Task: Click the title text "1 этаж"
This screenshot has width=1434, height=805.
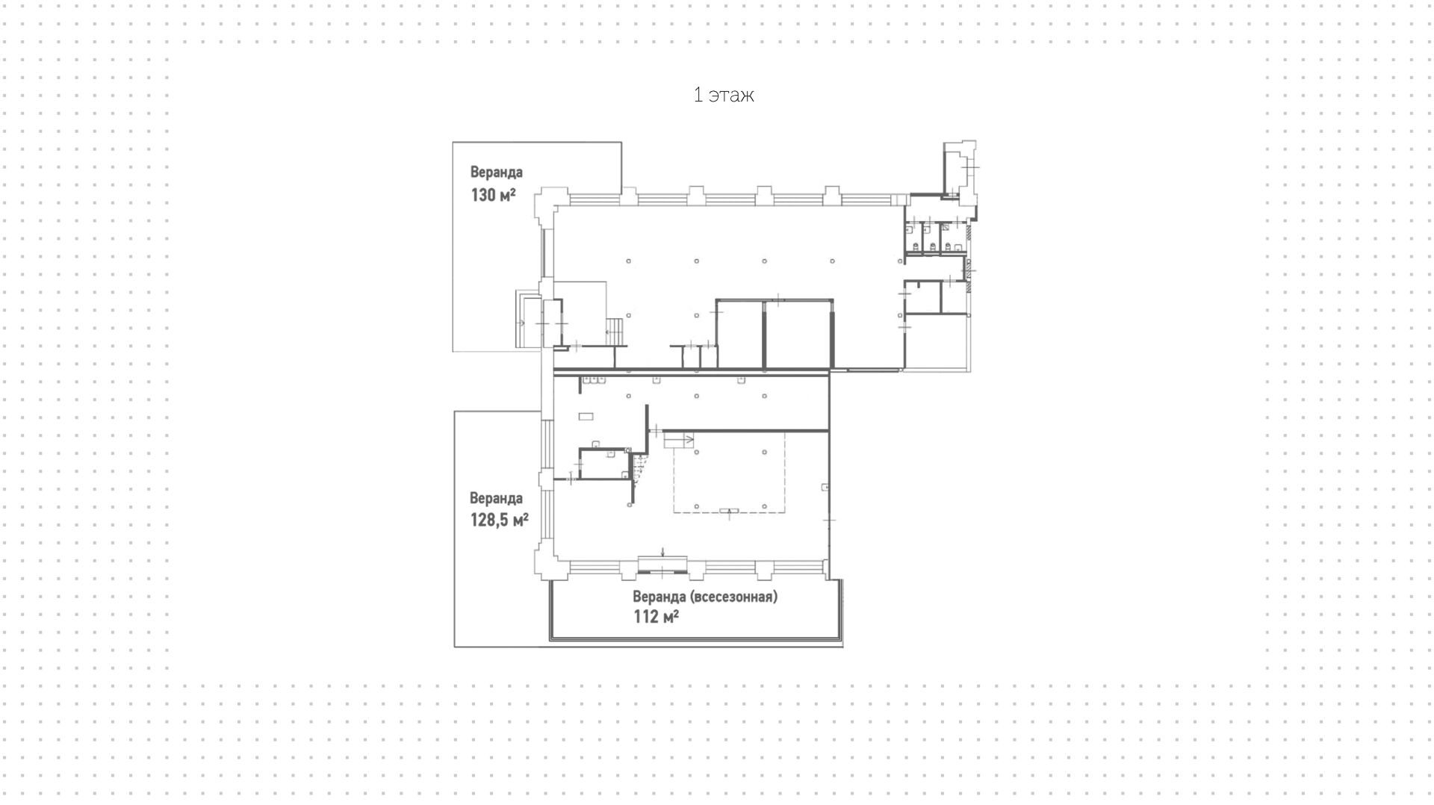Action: click(723, 95)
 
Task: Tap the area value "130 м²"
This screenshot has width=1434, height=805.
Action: click(492, 195)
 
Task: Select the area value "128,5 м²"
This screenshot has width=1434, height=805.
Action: click(499, 519)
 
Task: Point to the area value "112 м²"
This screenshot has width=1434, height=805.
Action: click(656, 616)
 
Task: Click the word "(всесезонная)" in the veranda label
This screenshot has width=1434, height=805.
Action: click(733, 597)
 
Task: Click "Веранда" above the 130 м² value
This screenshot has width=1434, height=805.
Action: click(496, 172)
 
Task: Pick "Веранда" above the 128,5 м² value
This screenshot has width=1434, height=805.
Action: click(496, 498)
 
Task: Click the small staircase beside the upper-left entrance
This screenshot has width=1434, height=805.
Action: click(614, 331)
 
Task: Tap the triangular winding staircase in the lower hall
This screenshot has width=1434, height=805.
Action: click(639, 467)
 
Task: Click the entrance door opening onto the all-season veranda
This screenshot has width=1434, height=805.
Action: click(662, 565)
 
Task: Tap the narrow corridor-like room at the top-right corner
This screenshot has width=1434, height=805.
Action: click(952, 170)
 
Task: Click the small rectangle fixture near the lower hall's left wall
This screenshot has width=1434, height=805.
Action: click(586, 416)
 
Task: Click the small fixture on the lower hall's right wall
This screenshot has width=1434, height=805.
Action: click(825, 488)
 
